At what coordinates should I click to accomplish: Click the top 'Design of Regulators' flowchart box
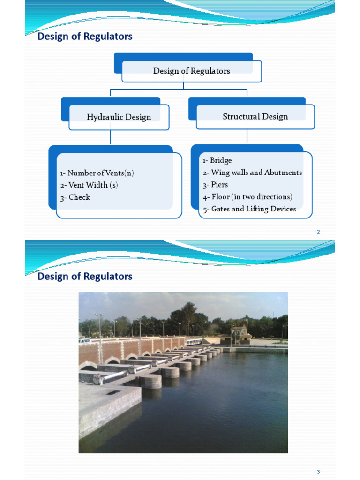point(191,71)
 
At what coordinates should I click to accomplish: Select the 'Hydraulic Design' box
point(119,117)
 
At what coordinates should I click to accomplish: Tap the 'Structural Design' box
point(255,116)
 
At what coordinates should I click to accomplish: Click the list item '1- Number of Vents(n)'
point(97,173)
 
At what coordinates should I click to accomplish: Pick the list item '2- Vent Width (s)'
point(89,185)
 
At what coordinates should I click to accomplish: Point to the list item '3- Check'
point(75,197)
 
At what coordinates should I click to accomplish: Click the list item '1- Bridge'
point(217,161)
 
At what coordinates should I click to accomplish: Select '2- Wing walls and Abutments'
point(252,172)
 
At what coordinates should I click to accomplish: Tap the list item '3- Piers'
point(215,185)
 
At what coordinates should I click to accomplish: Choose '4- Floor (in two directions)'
point(247,197)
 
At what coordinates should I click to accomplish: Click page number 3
point(318,472)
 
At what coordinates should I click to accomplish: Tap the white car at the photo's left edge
point(84,341)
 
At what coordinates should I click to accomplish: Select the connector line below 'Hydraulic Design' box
point(111,137)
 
